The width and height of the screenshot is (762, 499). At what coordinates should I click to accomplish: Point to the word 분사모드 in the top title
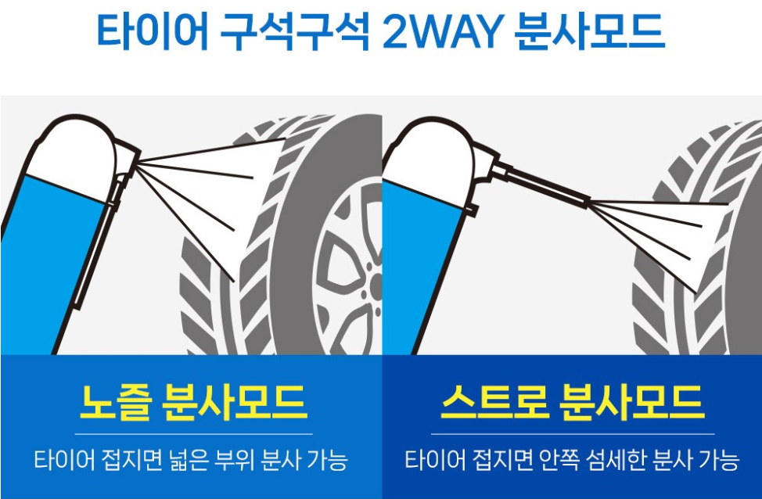591,32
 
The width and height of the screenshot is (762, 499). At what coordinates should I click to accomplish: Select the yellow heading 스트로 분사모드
572,402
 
